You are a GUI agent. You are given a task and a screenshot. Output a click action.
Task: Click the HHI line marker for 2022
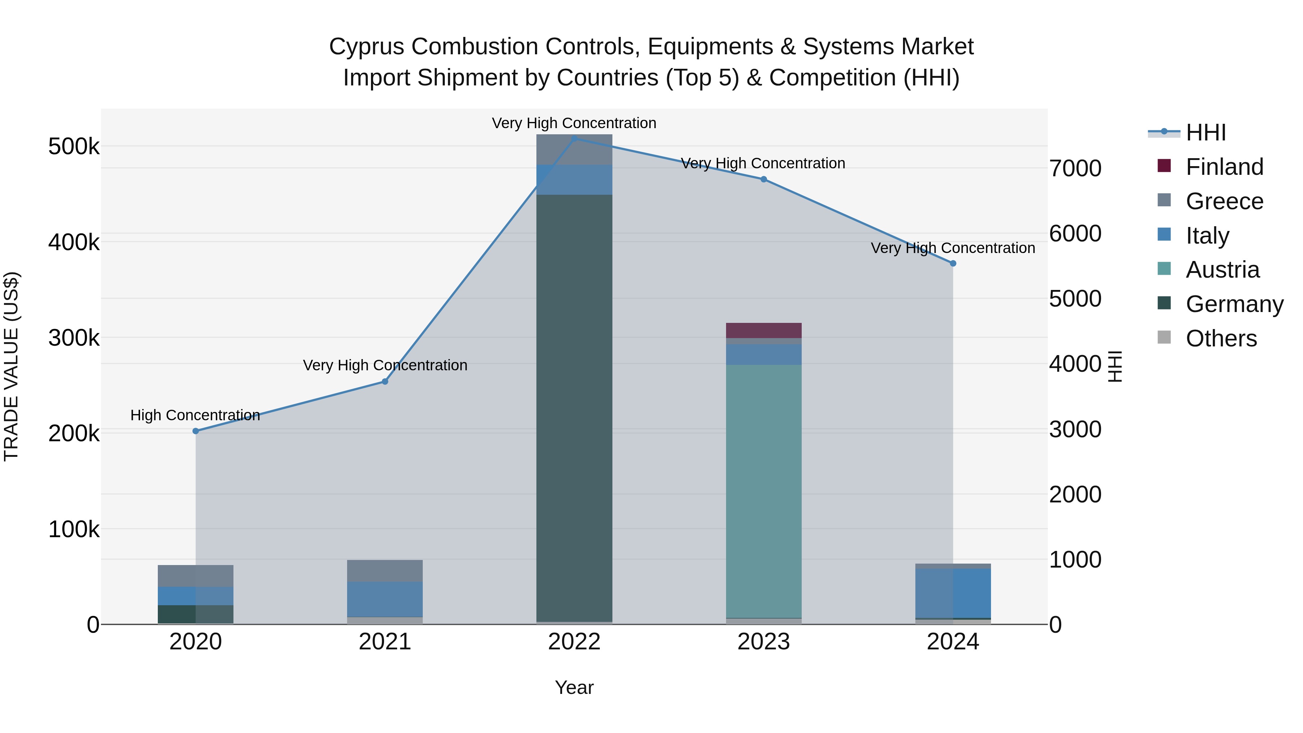tap(574, 138)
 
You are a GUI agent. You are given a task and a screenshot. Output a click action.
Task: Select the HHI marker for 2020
tap(196, 431)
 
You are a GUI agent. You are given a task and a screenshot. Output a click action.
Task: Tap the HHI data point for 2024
tap(953, 264)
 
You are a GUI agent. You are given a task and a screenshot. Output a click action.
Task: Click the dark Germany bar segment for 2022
tap(574, 405)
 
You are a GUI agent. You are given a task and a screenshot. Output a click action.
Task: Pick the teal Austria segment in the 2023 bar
tap(764, 491)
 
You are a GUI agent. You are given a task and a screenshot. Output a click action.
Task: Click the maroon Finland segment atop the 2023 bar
tap(764, 330)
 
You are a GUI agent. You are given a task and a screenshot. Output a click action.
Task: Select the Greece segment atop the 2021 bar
tap(385, 570)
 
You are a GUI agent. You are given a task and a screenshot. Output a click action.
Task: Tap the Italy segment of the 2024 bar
tap(953, 593)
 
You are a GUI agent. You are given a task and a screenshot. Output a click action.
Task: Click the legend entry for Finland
tap(1224, 167)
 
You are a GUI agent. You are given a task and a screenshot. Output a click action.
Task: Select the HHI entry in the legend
tap(1205, 132)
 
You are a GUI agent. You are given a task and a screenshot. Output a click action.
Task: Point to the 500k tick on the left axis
tap(74, 147)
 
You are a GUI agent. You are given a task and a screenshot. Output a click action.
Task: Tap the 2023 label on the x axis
tap(764, 642)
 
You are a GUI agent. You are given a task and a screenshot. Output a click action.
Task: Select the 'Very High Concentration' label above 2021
tap(385, 365)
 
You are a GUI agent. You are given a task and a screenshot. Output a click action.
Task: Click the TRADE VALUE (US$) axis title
tap(11, 366)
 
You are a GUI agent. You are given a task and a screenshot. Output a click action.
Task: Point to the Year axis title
tap(574, 687)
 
